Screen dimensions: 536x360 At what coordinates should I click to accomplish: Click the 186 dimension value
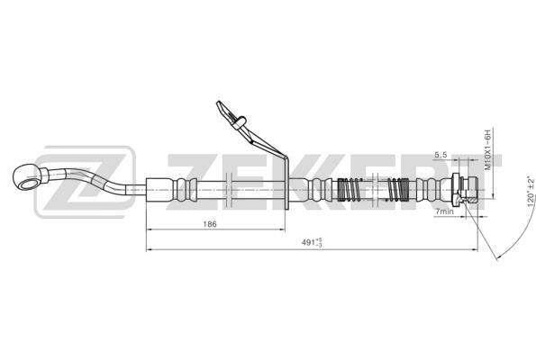click(210, 224)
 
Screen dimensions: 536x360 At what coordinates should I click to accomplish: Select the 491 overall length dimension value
click(312, 242)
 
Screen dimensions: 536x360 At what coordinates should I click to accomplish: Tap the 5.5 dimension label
click(441, 155)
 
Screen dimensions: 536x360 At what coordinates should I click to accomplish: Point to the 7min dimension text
click(444, 211)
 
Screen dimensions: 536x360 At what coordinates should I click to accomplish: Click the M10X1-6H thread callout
click(487, 149)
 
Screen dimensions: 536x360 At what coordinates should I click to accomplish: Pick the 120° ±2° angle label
click(531, 192)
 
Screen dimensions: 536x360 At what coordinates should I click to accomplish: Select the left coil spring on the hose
click(349, 190)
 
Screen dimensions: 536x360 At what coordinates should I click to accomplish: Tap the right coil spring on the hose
click(398, 190)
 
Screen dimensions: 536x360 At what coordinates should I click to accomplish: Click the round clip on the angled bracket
click(240, 121)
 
